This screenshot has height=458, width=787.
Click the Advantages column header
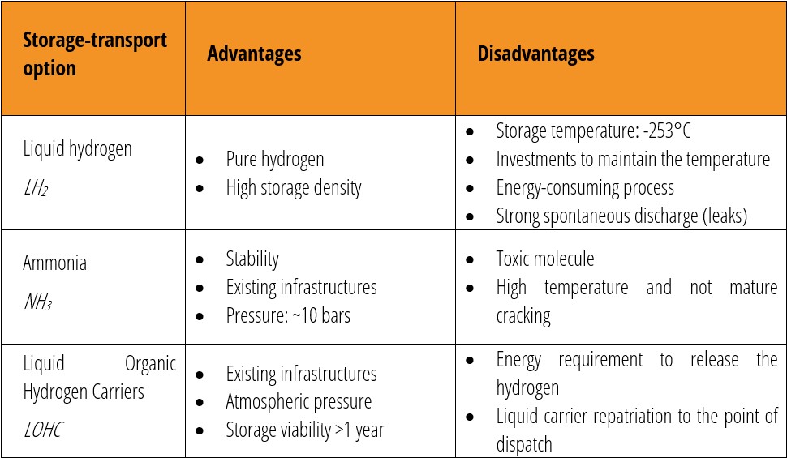coord(254,54)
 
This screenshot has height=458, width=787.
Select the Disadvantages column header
coord(535,54)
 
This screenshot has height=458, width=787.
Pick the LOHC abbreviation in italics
coord(43,430)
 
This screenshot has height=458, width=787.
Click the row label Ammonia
coord(54,263)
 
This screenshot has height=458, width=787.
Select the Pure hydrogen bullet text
coord(274,159)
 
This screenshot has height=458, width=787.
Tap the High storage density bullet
coord(293,188)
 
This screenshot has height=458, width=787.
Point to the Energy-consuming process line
coord(584,188)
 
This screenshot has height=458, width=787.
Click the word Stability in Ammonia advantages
coord(252,259)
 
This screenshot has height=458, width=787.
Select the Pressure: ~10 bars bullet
coord(287,315)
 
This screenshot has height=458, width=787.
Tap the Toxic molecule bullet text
coord(544,259)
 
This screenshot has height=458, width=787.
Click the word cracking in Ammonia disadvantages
coord(523,315)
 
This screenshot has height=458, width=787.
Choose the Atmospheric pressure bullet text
coord(298,401)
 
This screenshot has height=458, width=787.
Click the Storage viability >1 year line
coord(304,430)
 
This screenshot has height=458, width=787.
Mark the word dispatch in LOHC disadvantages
coord(524,444)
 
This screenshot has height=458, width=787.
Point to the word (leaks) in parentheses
coord(718,216)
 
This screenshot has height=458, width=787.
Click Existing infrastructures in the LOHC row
coord(301,374)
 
